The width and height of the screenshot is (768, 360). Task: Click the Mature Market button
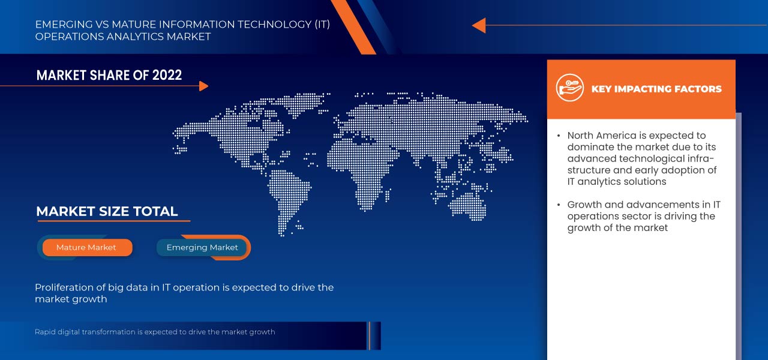click(87, 248)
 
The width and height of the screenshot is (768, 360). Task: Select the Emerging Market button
click(202, 248)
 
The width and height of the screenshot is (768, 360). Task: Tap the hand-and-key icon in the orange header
click(569, 88)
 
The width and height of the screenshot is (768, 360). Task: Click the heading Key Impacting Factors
click(656, 89)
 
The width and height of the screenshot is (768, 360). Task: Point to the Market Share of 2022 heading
click(109, 75)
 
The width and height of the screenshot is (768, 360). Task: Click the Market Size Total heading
click(107, 211)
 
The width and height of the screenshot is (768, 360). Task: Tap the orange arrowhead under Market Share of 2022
click(203, 86)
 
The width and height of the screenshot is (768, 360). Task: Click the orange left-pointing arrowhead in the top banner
click(479, 25)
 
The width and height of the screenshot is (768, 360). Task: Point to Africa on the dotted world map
click(360, 172)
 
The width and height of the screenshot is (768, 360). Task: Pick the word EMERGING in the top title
click(64, 25)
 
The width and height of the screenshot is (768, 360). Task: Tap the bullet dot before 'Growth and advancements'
click(559, 205)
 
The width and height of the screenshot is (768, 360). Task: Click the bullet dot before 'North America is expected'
click(559, 136)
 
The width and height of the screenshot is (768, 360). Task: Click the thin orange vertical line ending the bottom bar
click(369, 335)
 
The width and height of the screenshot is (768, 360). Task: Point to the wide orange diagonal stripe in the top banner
click(353, 27)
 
